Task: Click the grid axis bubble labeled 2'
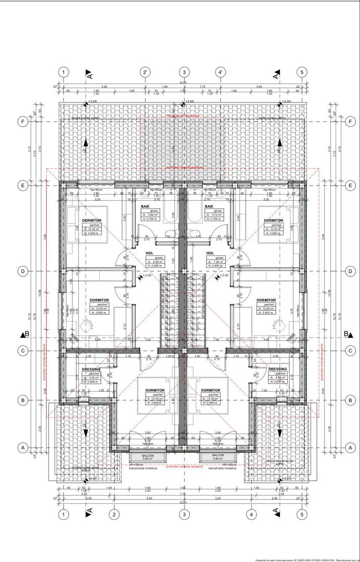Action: point(146,72)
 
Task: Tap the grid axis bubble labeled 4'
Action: point(221,72)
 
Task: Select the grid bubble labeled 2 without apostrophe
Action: point(113,515)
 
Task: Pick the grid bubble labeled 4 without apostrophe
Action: point(252,515)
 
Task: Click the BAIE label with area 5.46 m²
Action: point(145,207)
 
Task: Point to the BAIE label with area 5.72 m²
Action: point(209,207)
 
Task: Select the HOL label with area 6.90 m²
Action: point(149,253)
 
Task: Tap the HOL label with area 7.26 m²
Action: point(211,253)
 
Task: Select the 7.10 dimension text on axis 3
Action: point(183,494)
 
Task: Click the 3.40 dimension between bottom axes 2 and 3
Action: point(149,498)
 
